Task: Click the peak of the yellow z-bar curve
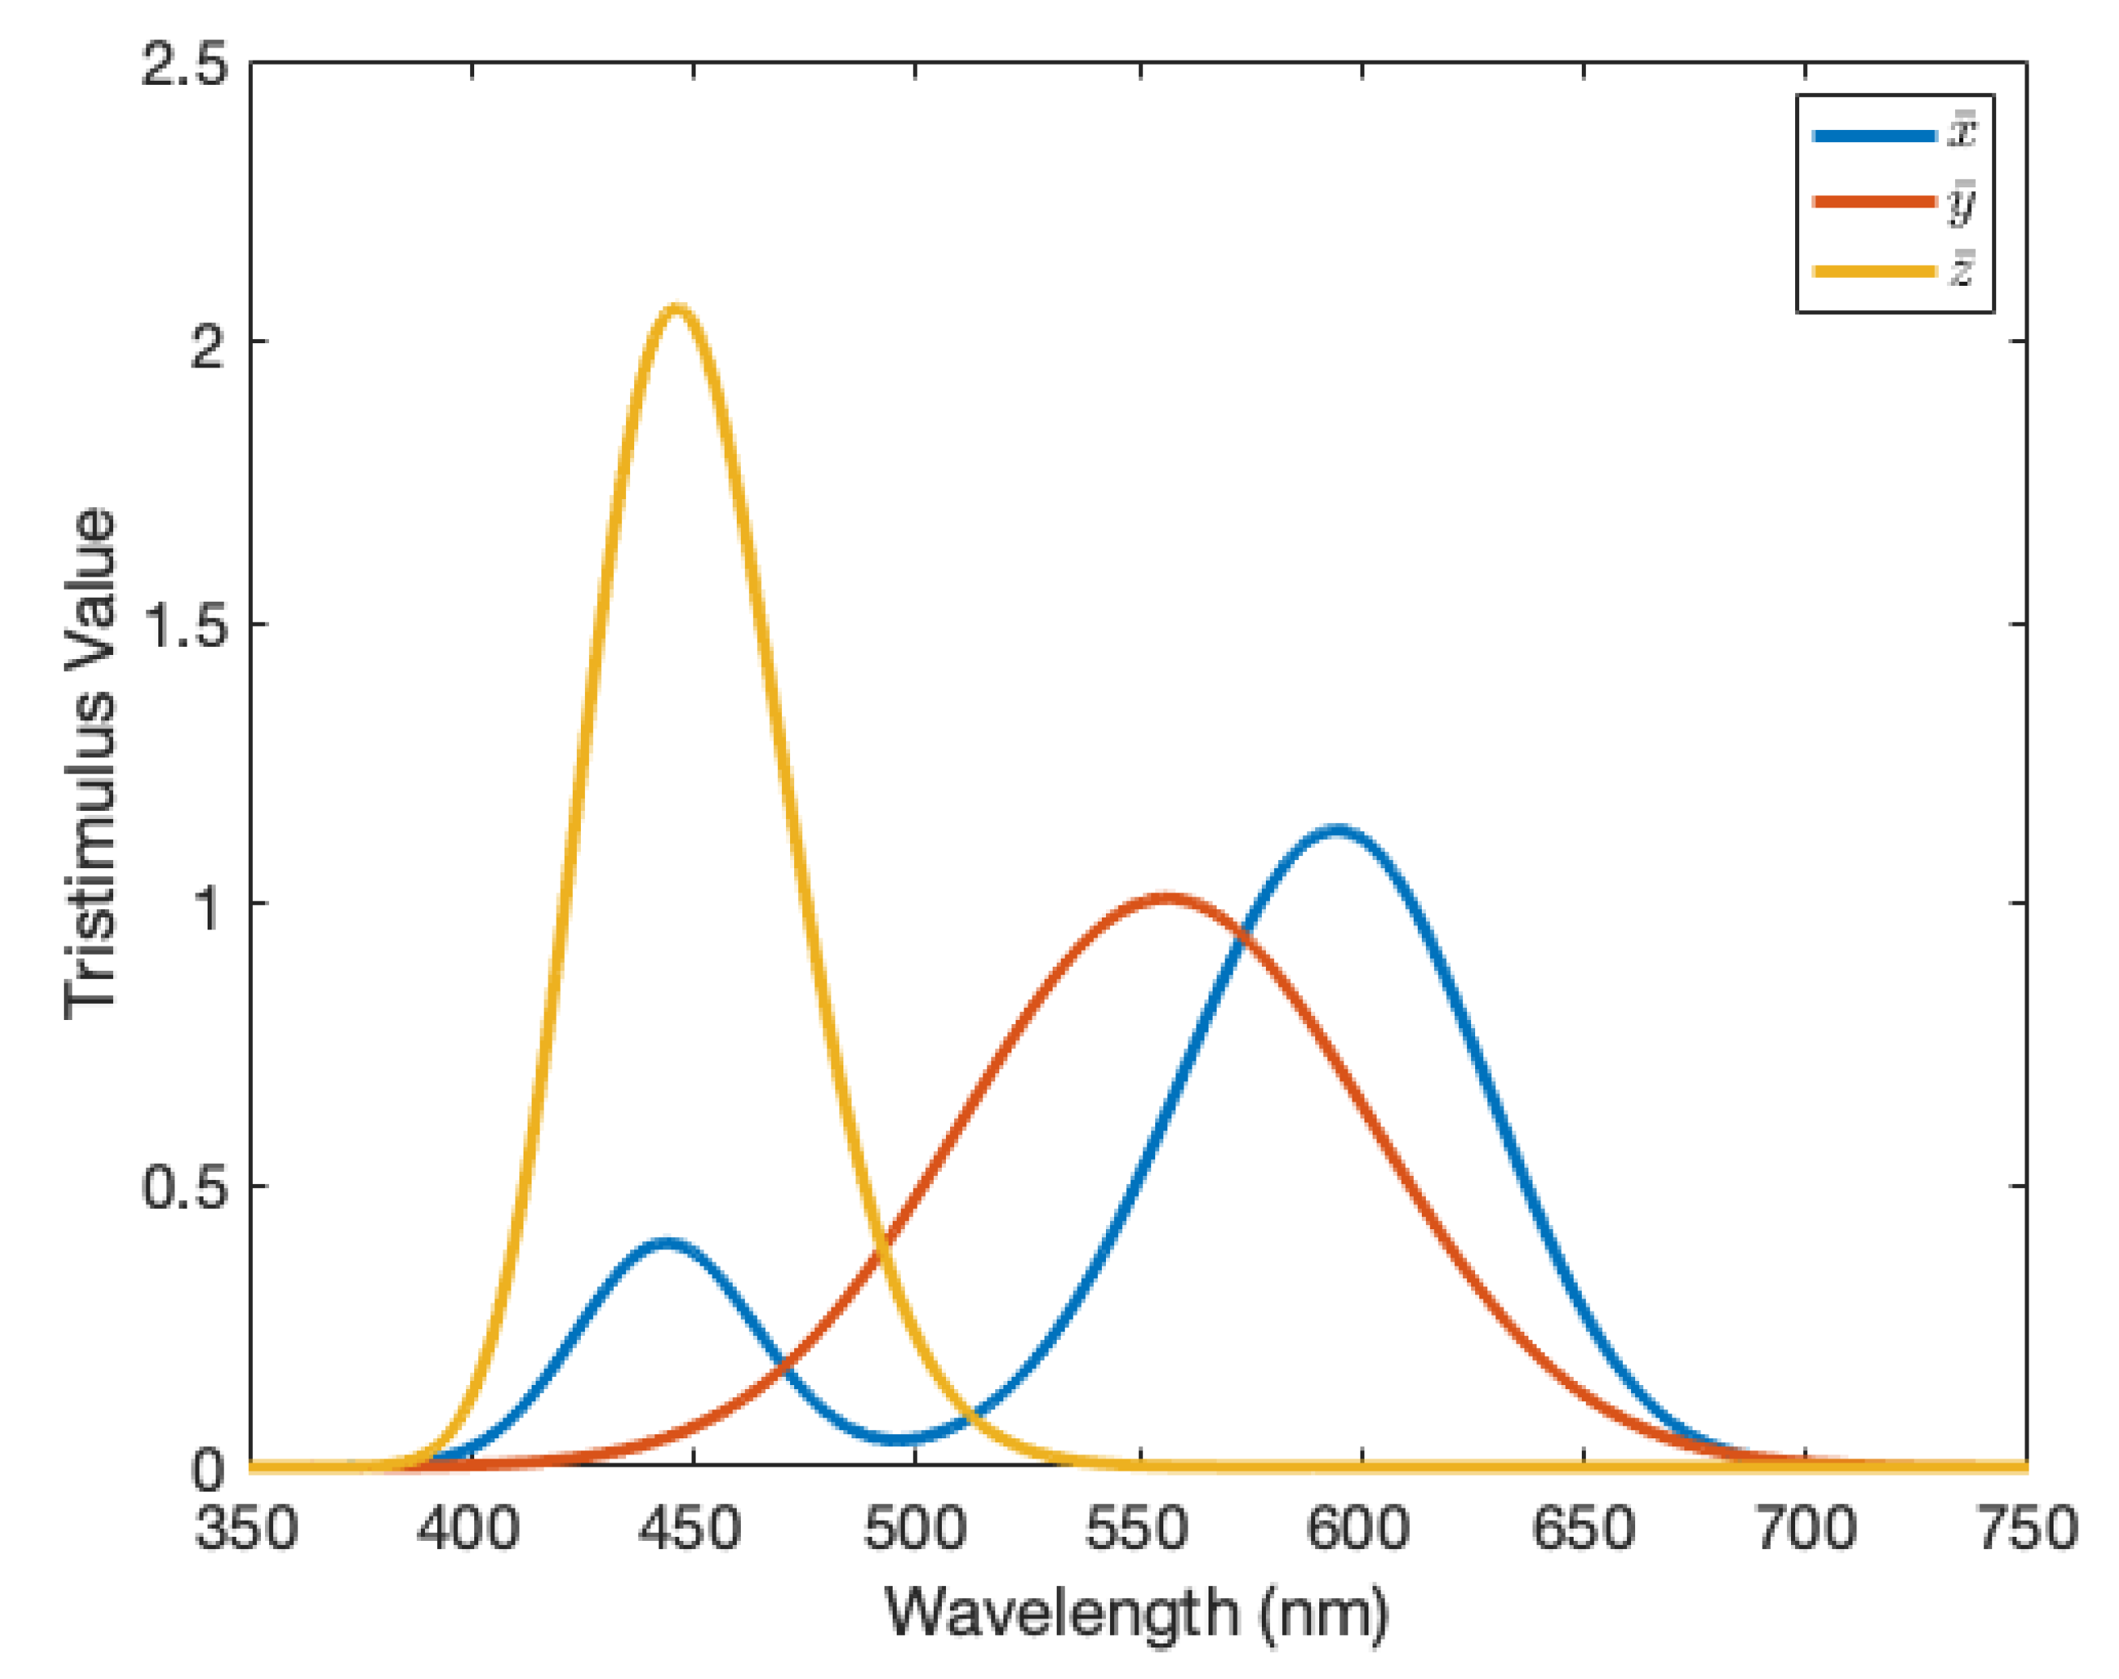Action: pyautogui.click(x=676, y=309)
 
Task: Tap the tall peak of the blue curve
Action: pyautogui.click(x=1337, y=831)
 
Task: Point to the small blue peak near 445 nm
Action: pyautogui.click(x=666, y=1244)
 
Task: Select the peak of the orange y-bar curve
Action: pyautogui.click(x=1165, y=898)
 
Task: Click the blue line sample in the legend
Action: pyautogui.click(x=1873, y=136)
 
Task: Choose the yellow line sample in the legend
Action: pyautogui.click(x=1873, y=271)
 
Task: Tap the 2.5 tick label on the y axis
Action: pyautogui.click(x=184, y=67)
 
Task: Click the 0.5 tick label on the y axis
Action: pyautogui.click(x=184, y=1187)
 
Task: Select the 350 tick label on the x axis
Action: pyautogui.click(x=246, y=1530)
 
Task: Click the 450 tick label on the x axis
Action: pyautogui.click(x=690, y=1530)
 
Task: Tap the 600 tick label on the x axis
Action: pyautogui.click(x=1360, y=1530)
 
